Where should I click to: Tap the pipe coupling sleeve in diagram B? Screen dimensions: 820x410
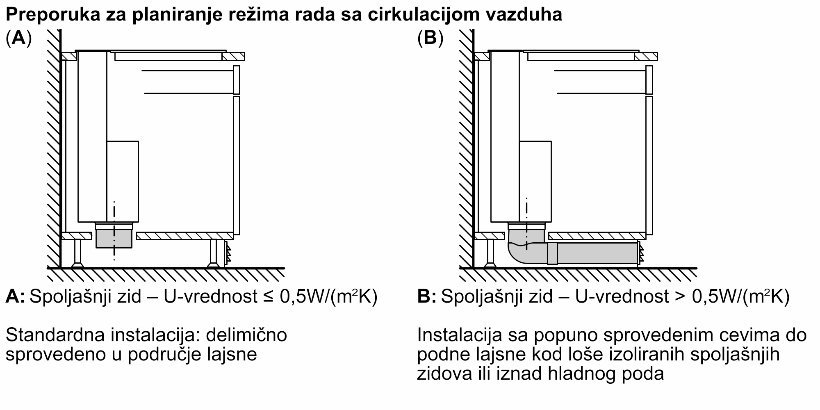coord(552,253)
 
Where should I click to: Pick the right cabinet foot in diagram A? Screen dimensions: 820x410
coord(213,253)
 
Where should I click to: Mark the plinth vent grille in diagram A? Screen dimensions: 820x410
coord(227,253)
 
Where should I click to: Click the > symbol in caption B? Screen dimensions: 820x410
coord(680,297)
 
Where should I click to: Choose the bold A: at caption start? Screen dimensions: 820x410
coord(15,296)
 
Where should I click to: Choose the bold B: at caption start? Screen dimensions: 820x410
coord(426,296)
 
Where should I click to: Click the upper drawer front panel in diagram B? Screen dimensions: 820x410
coord(649,80)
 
